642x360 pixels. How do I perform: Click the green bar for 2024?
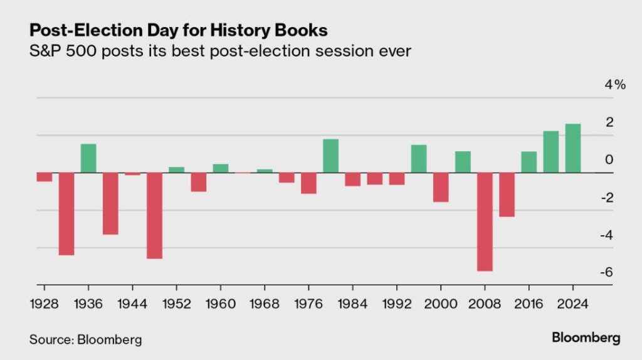(572, 148)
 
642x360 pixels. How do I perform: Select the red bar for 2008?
(485, 221)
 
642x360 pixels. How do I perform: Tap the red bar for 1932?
(66, 213)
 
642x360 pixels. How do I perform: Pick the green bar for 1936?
(88, 158)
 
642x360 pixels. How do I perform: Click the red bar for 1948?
(154, 215)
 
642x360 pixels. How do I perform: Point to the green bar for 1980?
(330, 156)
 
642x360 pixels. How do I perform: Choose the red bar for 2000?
(441, 187)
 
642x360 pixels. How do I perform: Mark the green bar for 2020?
(550, 152)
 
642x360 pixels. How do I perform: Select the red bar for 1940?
(110, 203)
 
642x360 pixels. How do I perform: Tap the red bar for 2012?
(507, 194)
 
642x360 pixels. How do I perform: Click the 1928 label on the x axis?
(44, 304)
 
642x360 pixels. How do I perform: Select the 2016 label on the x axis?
(529, 304)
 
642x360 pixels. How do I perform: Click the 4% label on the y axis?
(615, 85)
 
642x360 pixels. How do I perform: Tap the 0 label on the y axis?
(608, 160)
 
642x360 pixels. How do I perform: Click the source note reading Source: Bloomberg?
(85, 339)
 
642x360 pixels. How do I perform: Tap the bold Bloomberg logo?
(586, 338)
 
